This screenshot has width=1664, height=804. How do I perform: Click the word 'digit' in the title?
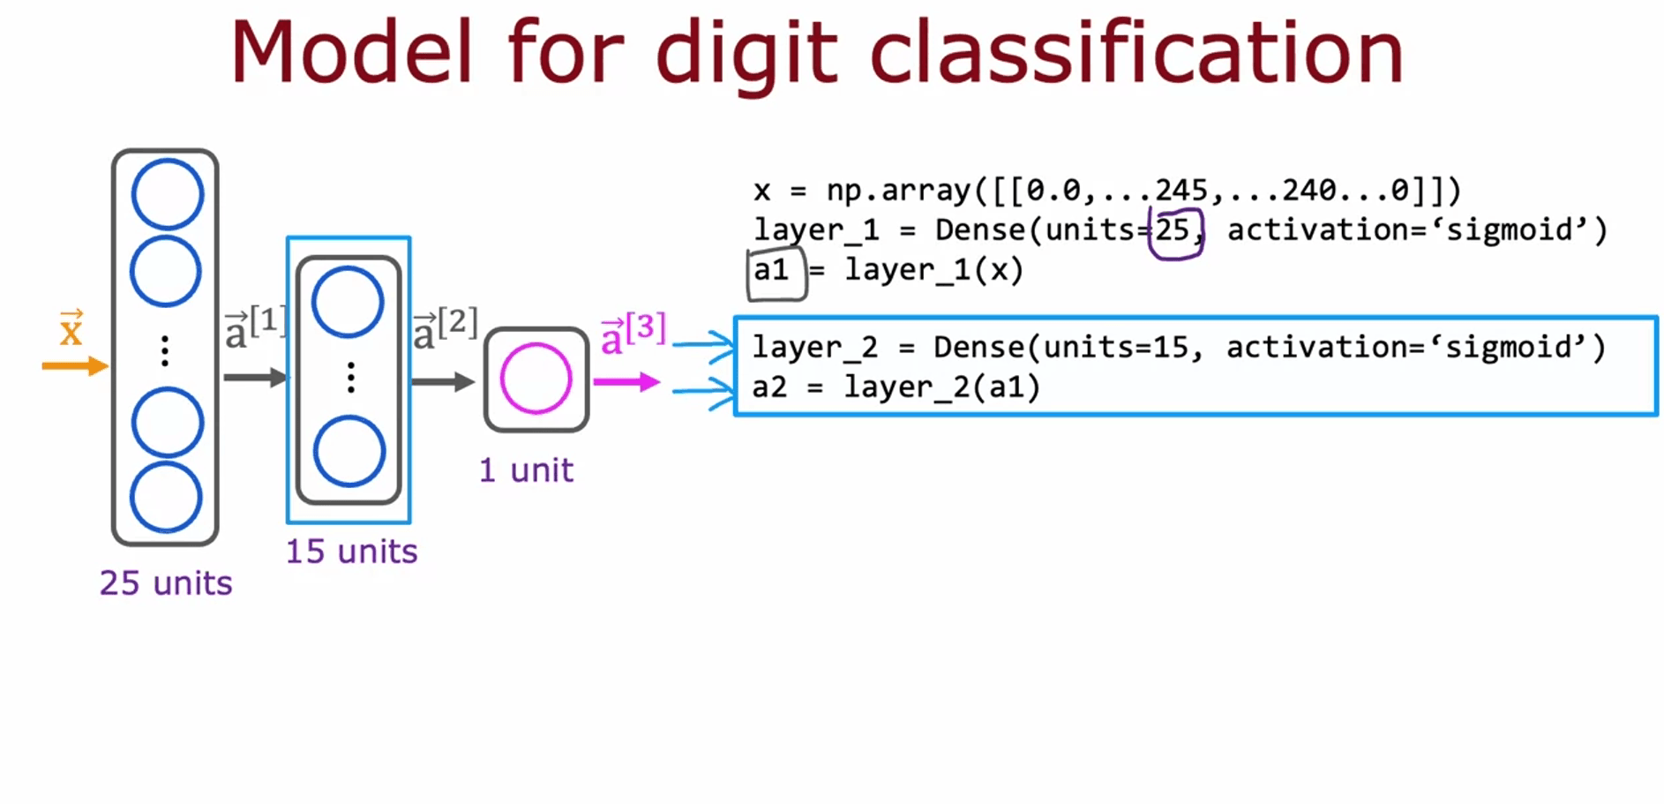[x=746, y=55]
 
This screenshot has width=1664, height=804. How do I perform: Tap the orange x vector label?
[x=71, y=330]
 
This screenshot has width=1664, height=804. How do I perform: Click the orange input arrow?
[x=74, y=365]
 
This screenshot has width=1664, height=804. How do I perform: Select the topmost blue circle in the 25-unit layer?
[x=168, y=194]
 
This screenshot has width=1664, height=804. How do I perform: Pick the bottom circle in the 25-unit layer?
[x=167, y=497]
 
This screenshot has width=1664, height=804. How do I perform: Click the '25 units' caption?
[x=166, y=583]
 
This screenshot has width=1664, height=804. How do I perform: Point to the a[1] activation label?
[x=255, y=327]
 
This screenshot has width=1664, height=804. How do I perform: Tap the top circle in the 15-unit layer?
[x=348, y=302]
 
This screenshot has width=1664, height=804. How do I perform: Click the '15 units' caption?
[x=351, y=552]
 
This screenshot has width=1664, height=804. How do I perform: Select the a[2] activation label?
[x=445, y=329]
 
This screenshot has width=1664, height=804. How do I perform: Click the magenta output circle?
[x=536, y=379]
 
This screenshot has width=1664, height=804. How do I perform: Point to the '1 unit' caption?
[x=526, y=470]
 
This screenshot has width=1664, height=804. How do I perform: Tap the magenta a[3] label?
[x=633, y=333]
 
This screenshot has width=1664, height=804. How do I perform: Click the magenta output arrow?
[x=626, y=382]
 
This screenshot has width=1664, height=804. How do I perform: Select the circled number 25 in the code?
[x=1174, y=231]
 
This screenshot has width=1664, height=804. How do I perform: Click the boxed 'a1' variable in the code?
[x=772, y=270]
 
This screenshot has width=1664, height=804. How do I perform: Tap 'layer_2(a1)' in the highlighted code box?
[x=942, y=387]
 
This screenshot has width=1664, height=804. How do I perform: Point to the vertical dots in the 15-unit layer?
[x=351, y=378]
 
